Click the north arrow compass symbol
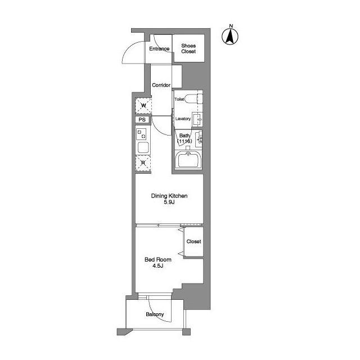point(230,35)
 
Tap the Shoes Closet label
point(188,48)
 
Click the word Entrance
point(159,49)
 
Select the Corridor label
point(161,85)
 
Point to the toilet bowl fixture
point(193,99)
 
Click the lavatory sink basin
point(197,119)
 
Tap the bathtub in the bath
point(188,160)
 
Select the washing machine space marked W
point(143,106)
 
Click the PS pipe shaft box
point(142,120)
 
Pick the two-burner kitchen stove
point(141,134)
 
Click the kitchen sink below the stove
point(143,147)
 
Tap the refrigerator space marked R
point(143,163)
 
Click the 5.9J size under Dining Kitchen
point(169,202)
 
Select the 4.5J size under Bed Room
point(158,266)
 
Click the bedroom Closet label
point(193,241)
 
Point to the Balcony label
point(155,314)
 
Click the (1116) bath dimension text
point(184,141)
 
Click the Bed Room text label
point(158,259)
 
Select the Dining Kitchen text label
point(169,196)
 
